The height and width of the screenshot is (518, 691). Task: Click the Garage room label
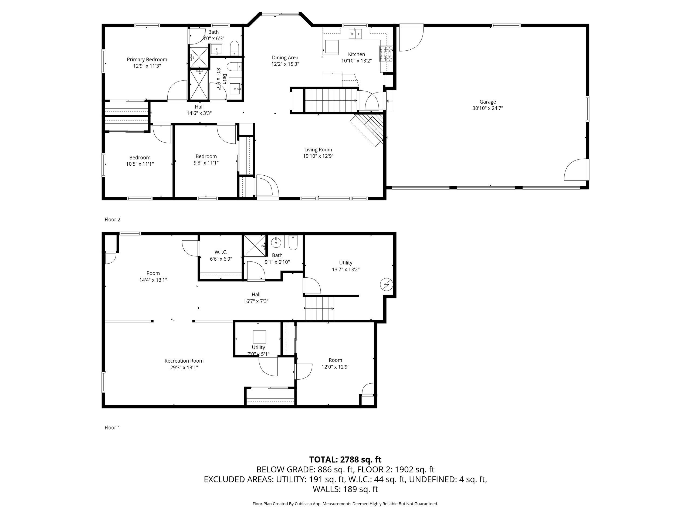point(488,102)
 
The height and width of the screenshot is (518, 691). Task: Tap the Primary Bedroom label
point(147,60)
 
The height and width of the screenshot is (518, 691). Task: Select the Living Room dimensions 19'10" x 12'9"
point(318,156)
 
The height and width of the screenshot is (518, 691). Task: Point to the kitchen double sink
point(355,33)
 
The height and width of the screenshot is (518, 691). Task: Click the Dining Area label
point(285,58)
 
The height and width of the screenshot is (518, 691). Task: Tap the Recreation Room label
point(184,361)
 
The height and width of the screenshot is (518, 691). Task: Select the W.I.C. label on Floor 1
point(221,252)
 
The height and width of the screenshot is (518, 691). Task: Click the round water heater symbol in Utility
point(386,284)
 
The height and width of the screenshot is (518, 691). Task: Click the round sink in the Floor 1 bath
point(276,242)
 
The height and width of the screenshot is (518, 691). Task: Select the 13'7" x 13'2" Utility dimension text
point(346,270)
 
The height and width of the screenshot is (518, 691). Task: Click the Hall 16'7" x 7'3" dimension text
point(256,301)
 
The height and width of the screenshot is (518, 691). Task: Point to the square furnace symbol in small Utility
point(259,337)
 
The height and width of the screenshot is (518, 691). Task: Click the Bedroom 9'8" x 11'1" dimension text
point(206,163)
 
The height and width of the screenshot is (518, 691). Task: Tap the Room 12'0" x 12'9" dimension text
point(336,367)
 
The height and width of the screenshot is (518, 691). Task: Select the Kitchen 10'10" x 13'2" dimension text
point(357,61)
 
